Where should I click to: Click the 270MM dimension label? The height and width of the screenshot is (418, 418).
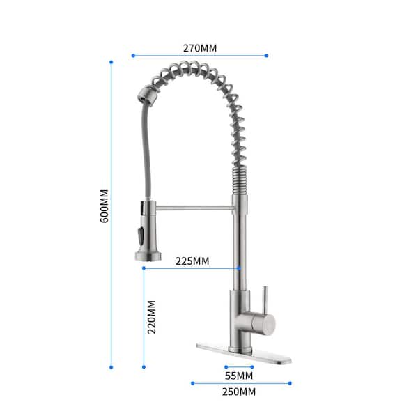pyautogui.click(x=200, y=48)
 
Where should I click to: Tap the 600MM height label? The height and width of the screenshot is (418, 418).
pyautogui.click(x=104, y=206)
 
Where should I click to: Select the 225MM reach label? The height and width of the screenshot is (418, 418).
pyautogui.click(x=192, y=261)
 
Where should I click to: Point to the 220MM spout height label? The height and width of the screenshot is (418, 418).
pyautogui.click(x=151, y=317)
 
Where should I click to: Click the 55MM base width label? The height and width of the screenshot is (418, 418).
pyautogui.click(x=239, y=376)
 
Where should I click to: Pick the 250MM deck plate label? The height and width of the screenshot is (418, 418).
pyautogui.click(x=239, y=392)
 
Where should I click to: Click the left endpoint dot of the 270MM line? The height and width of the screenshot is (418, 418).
pyautogui.click(x=133, y=56)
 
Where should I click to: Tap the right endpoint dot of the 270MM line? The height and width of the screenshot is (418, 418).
pyautogui.click(x=266, y=56)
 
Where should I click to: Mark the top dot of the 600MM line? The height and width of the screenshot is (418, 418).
pyautogui.click(x=111, y=62)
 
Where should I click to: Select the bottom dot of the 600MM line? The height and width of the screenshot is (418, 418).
pyautogui.click(x=111, y=367)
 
